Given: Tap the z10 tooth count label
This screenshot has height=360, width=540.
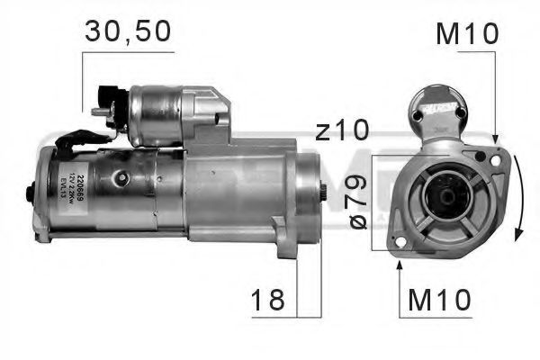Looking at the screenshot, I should pos(341,131).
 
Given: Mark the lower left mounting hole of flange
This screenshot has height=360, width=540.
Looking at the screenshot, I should pos(399,240).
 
